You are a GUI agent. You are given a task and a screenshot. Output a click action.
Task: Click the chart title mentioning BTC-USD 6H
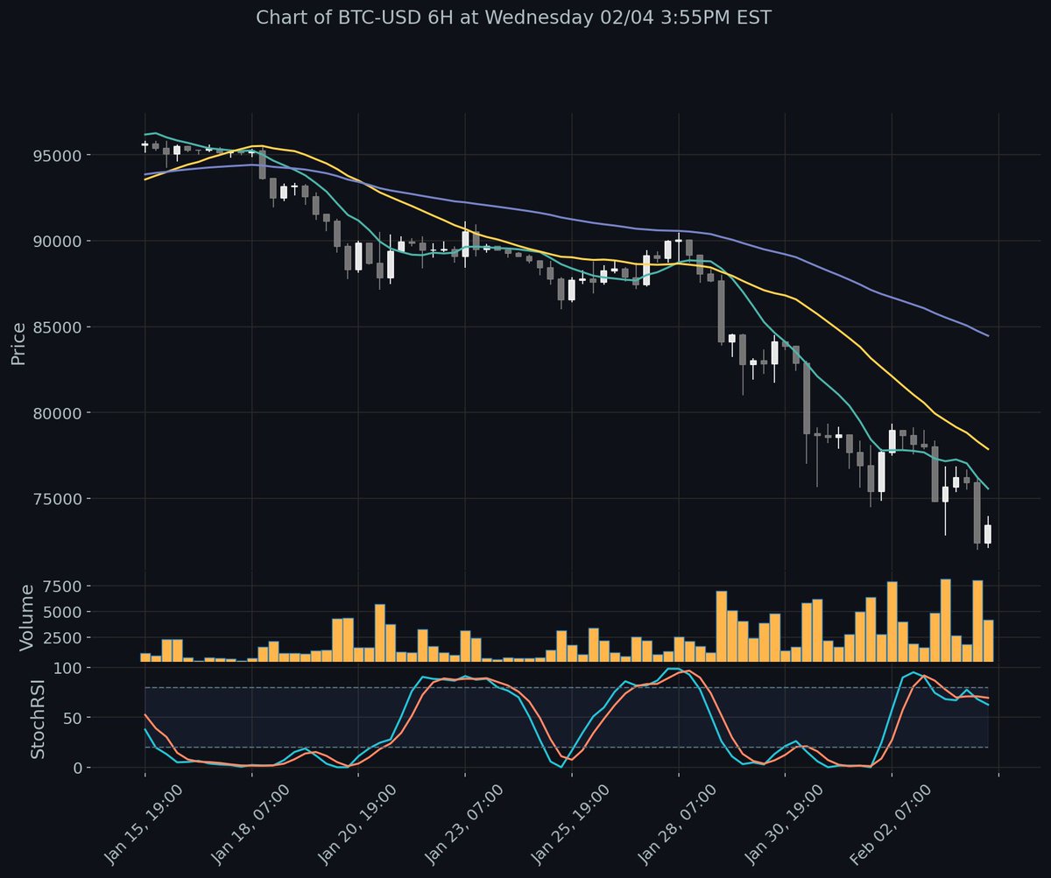point(513,18)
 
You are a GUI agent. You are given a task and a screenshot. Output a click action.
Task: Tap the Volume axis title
point(26,617)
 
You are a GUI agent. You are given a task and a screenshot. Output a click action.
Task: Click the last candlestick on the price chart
point(988,534)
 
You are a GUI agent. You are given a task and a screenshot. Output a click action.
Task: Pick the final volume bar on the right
point(988,640)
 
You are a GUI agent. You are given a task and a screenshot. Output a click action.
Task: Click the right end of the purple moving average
point(988,336)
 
